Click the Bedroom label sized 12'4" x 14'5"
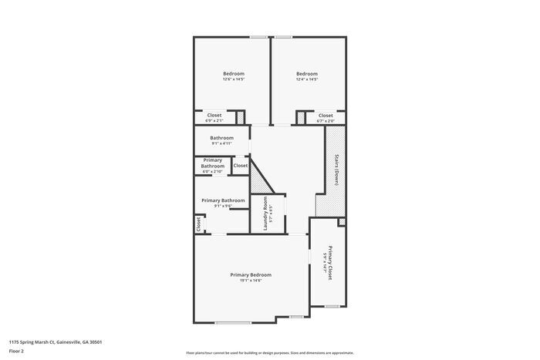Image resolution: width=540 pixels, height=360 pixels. click(x=307, y=74)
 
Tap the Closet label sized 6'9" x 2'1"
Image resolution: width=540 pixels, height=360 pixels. click(x=214, y=115)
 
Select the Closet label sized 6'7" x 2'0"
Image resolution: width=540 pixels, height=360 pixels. click(x=326, y=115)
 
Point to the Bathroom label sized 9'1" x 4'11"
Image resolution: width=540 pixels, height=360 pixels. click(x=221, y=138)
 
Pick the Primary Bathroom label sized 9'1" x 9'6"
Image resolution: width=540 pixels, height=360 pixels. click(x=223, y=200)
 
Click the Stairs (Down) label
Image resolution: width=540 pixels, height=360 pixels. click(x=336, y=170)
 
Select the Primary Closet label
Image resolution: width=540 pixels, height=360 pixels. click(x=330, y=262)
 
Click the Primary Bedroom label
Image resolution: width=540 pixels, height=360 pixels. click(x=251, y=274)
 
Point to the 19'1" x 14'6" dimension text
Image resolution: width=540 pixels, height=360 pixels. click(x=251, y=281)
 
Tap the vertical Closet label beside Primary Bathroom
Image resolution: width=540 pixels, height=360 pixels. click(x=198, y=224)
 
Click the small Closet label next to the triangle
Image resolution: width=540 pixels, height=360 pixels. click(x=241, y=166)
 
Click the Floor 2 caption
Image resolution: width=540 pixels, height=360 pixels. click(x=17, y=351)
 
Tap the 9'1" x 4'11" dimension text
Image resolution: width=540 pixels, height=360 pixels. click(x=221, y=143)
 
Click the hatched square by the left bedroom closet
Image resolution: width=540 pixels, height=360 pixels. click(x=240, y=117)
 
